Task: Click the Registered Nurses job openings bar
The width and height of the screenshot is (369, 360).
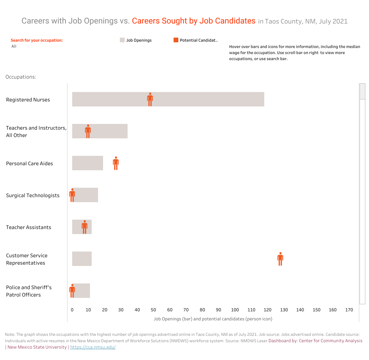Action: click(x=201, y=99)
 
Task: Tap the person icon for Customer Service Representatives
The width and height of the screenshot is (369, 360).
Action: click(x=280, y=259)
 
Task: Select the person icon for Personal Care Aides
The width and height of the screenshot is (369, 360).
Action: click(x=116, y=163)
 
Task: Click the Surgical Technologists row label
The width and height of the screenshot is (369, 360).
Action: click(x=33, y=195)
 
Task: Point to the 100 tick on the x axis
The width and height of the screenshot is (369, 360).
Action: click(x=235, y=310)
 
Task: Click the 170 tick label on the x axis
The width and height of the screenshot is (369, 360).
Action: click(x=349, y=310)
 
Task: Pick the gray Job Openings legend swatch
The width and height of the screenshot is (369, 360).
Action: click(x=122, y=40)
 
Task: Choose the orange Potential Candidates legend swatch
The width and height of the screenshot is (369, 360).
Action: click(x=176, y=40)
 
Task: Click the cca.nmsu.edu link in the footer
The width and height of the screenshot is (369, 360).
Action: click(x=93, y=347)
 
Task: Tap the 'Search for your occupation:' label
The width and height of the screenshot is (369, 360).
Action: click(x=37, y=40)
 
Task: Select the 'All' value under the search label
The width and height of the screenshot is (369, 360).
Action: click(x=14, y=46)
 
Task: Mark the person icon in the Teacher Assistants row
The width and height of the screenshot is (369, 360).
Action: click(x=85, y=227)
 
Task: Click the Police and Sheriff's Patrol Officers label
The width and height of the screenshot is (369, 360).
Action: click(x=29, y=291)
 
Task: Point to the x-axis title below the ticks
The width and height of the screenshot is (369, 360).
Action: click(x=213, y=319)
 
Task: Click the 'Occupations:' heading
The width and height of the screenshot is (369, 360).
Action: click(x=21, y=77)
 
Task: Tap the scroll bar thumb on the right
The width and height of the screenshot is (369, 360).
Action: click(x=362, y=91)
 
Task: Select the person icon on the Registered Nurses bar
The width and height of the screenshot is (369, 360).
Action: click(x=150, y=99)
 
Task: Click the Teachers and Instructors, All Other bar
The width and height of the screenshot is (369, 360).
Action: click(x=107, y=131)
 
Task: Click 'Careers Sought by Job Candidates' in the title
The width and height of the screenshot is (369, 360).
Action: click(x=194, y=21)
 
